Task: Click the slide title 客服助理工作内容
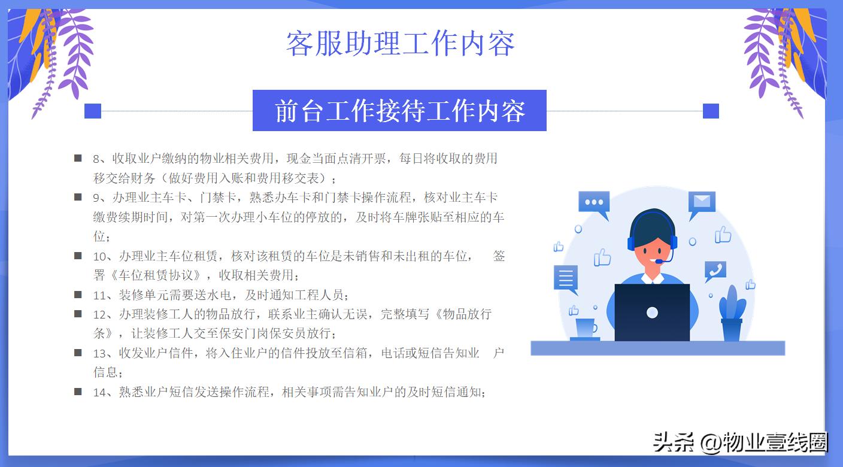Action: tap(400, 44)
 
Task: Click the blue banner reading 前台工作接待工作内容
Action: tap(399, 111)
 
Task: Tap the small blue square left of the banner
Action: tap(93, 111)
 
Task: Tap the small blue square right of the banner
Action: tap(711, 111)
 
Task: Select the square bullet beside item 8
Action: tap(78, 158)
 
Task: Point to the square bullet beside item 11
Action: tap(78, 294)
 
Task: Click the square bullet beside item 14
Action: tap(78, 392)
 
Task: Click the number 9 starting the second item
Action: tap(96, 198)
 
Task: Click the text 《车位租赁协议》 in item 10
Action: tap(161, 275)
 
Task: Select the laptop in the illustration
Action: tap(652, 312)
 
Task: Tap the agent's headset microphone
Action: tap(659, 262)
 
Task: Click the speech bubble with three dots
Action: tap(594, 204)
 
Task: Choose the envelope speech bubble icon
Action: tap(702, 202)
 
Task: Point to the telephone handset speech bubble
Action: tap(715, 271)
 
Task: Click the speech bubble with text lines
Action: tap(566, 278)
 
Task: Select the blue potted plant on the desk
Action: tap(732, 314)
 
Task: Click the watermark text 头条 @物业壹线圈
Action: tap(740, 442)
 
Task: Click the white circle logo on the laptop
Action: tap(652, 313)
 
